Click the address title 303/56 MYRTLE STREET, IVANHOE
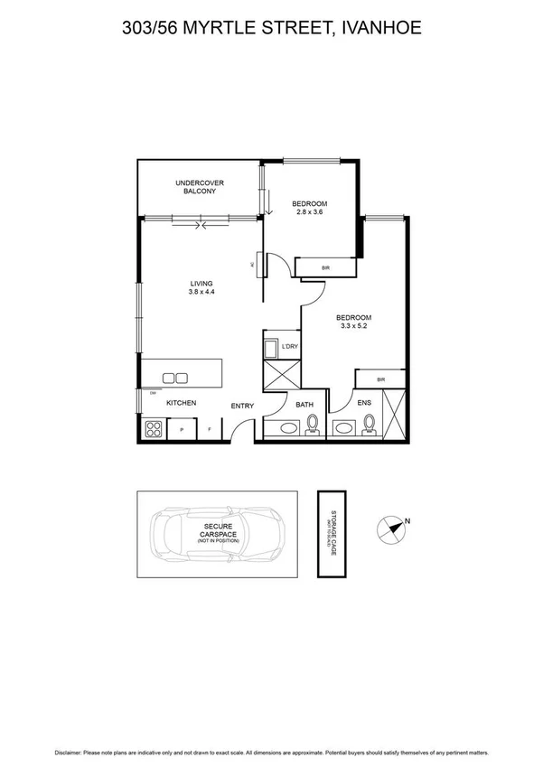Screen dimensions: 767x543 point(271,29)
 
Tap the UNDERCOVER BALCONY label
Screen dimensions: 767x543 point(200,187)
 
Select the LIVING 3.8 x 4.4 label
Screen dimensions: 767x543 point(201,288)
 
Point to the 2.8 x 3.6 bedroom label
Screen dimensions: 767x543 point(309,208)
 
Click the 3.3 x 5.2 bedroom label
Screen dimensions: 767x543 point(353,323)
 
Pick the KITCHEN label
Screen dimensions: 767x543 point(181,403)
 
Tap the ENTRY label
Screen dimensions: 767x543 point(242,407)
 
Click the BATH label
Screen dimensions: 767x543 point(304,404)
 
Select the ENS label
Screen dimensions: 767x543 point(364,403)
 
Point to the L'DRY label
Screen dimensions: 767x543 point(290,347)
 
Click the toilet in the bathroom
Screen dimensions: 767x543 point(313,424)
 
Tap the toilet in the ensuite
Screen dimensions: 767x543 point(369,424)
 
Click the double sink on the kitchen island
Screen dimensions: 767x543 point(175,378)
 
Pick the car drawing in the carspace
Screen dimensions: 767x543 point(218,534)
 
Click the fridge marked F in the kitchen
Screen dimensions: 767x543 point(210,430)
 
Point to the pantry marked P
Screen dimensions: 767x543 point(182,430)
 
